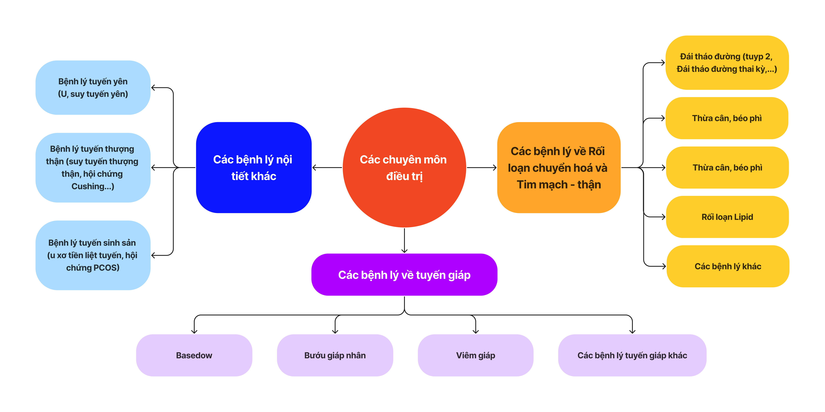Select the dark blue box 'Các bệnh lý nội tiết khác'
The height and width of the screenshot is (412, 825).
click(254, 168)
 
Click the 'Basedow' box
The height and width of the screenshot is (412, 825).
click(194, 355)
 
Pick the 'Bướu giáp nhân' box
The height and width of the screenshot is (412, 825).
click(335, 355)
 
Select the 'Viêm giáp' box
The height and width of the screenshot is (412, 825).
click(476, 355)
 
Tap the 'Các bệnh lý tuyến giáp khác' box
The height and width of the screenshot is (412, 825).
click(632, 355)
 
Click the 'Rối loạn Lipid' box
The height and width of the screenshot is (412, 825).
click(727, 217)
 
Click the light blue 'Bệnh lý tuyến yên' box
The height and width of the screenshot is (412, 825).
click(93, 87)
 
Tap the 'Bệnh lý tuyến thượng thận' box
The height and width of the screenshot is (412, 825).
click(93, 168)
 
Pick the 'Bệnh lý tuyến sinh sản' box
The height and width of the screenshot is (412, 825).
click(93, 255)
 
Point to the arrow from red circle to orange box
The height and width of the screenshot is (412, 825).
click(482, 168)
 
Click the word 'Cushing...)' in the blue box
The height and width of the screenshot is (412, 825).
click(93, 186)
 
